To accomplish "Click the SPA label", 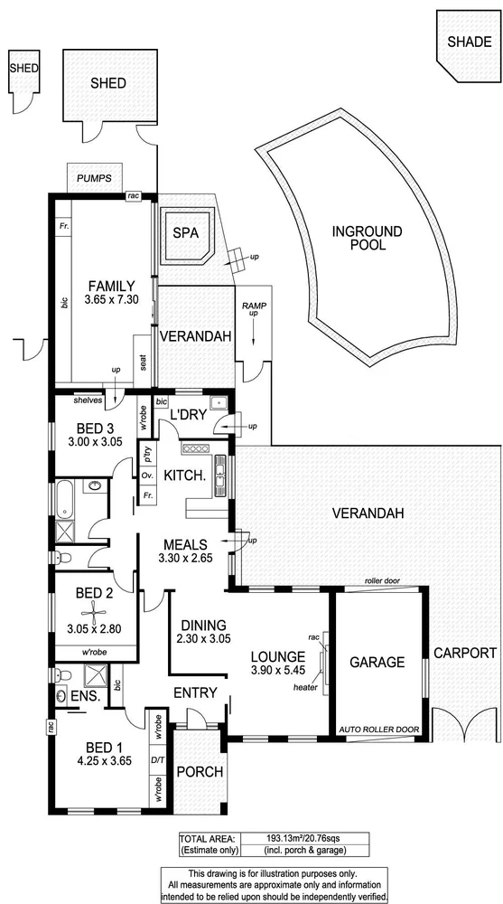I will pos(187,233).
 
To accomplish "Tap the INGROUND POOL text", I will pos(368,238).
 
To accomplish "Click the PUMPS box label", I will pos(94,178).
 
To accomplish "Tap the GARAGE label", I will pos(378,662).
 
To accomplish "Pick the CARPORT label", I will pos(465,652).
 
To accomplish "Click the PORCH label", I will pos(200,771).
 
